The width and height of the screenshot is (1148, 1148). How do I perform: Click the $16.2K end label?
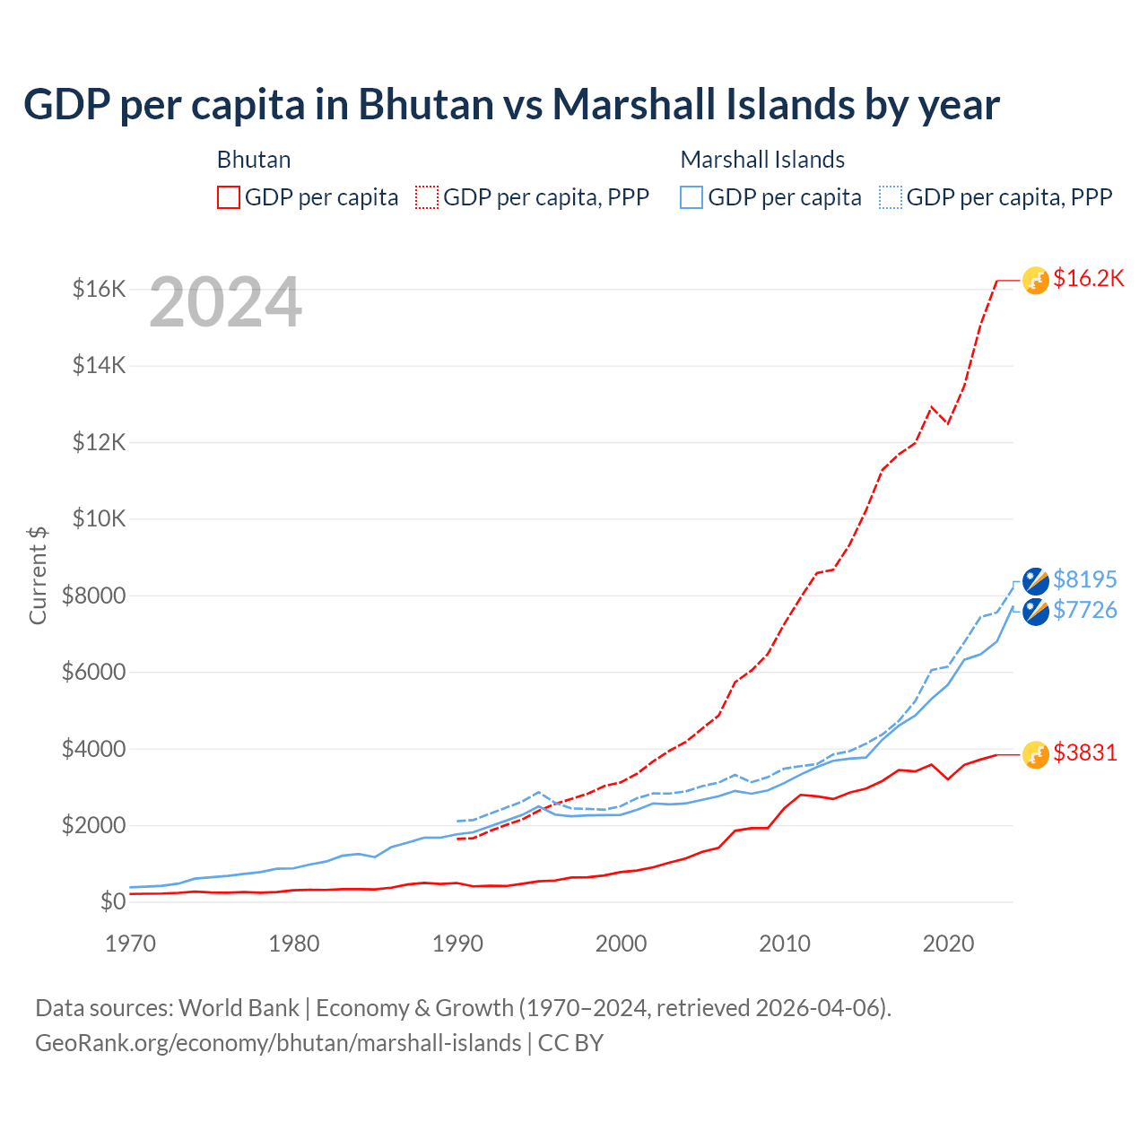[1088, 279]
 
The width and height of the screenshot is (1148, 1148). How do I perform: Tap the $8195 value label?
[1084, 579]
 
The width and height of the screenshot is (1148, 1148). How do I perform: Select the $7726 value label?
[1084, 611]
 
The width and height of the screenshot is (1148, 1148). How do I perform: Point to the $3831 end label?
[1084, 752]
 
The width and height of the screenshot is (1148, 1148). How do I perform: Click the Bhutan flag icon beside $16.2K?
[1036, 281]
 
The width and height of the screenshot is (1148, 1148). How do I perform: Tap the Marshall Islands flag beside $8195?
[1036, 581]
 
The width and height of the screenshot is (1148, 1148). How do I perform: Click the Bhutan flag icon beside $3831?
[1036, 755]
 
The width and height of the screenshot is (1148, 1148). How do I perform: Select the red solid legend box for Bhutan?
[229, 197]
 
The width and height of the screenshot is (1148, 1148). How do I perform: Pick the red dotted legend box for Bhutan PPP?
[427, 197]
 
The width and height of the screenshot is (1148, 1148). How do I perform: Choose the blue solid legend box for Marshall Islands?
[691, 197]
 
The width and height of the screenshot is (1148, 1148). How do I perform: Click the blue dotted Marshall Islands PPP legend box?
[891, 197]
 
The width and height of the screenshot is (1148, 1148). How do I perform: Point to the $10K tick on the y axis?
[99, 519]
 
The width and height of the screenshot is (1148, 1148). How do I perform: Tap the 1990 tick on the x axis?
[457, 944]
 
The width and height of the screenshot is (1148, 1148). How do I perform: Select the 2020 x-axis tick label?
[948, 944]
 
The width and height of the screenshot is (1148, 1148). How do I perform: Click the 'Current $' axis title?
[38, 576]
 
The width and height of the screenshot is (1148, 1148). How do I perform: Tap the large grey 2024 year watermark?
[225, 303]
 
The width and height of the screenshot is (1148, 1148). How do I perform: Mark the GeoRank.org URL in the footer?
[278, 1043]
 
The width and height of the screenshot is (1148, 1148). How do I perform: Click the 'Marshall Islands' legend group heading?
[762, 160]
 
